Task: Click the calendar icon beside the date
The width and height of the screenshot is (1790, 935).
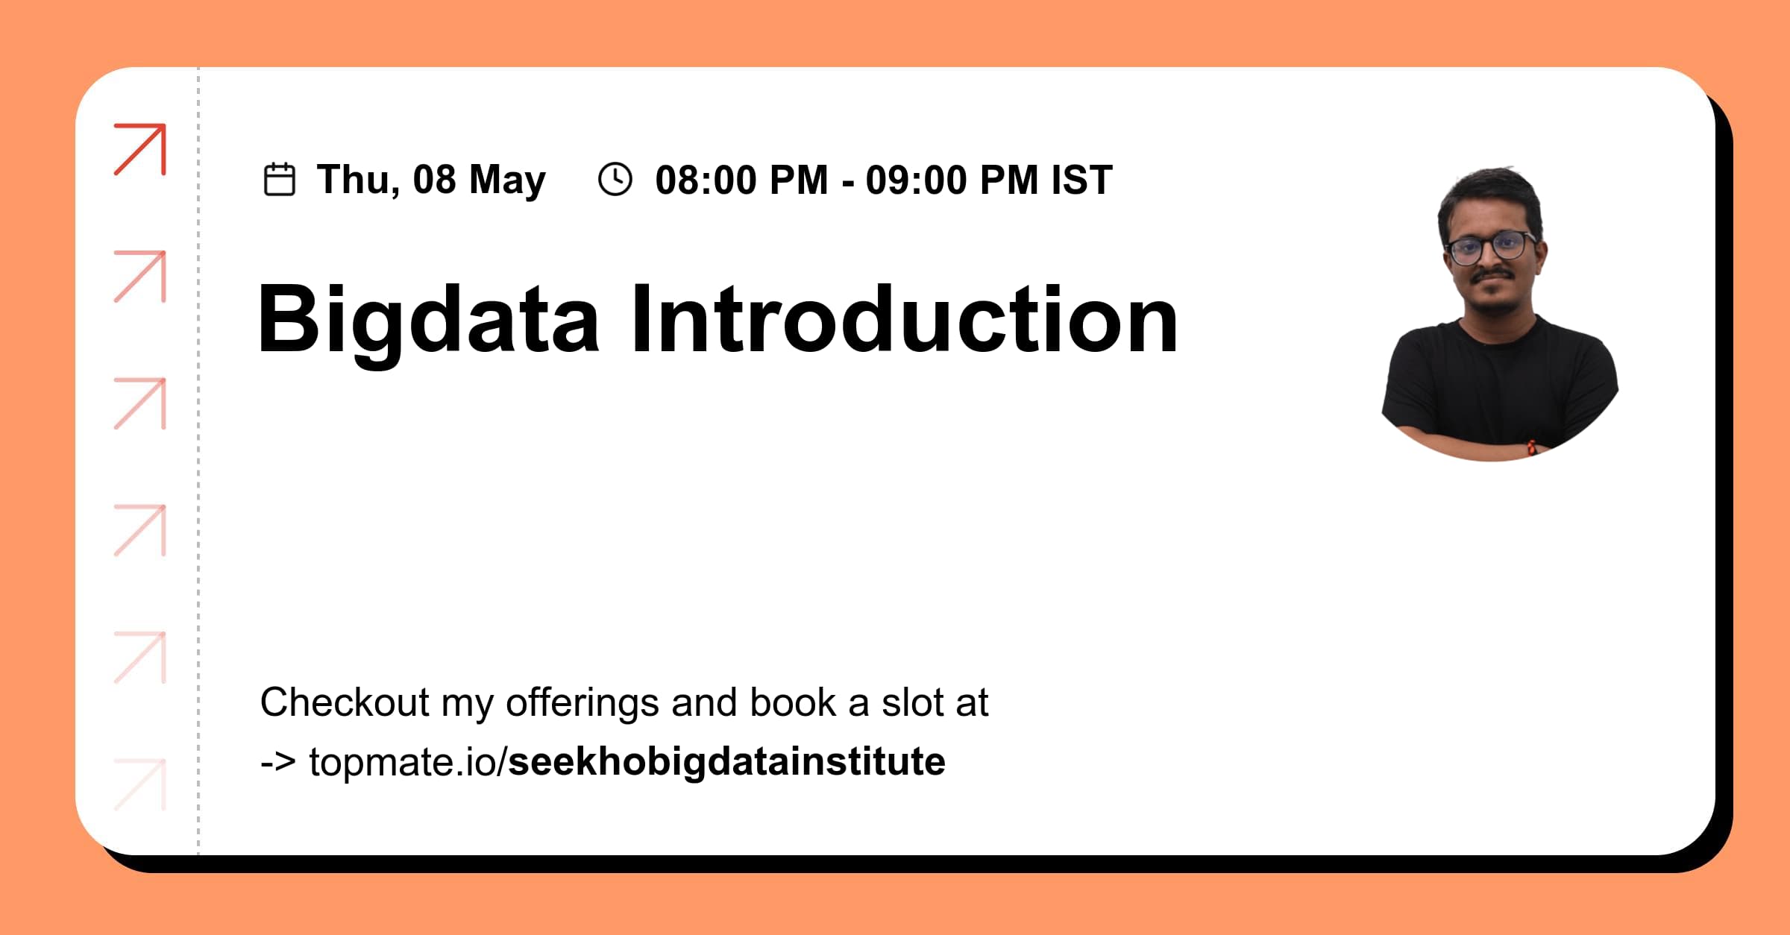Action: [280, 180]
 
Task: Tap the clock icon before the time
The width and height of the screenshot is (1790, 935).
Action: [615, 180]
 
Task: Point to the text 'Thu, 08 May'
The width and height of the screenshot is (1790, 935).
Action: [431, 180]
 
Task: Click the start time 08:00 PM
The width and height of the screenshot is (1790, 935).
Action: [741, 180]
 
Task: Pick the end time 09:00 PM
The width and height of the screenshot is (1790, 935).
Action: [952, 180]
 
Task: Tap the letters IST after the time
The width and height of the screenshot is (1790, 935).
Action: [1081, 180]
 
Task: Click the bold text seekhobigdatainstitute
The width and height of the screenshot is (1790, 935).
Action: [726, 762]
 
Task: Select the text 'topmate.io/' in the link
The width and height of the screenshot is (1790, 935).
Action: [407, 762]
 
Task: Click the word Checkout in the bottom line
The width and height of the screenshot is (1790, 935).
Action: [345, 702]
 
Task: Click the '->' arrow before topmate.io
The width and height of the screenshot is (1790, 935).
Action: [277, 762]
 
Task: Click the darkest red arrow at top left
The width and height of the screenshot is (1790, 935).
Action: [140, 149]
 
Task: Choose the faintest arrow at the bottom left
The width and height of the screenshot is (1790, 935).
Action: [140, 784]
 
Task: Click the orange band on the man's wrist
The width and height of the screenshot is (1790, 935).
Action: [1531, 447]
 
